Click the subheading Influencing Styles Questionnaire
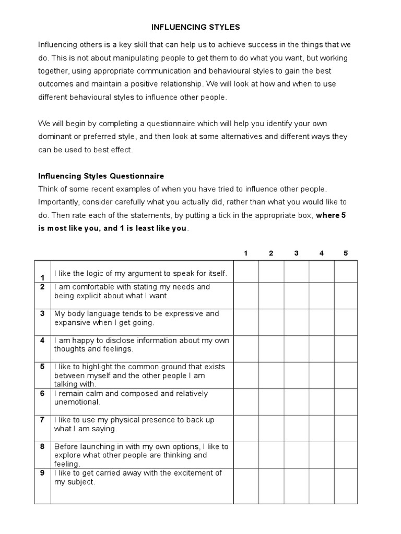coord(101,176)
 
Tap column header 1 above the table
coord(245,253)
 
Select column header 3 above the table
coord(296,253)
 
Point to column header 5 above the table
coord(345,253)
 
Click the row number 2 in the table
coord(42,287)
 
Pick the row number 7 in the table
coord(42,420)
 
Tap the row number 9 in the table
coord(42,473)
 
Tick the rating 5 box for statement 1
coord(345,272)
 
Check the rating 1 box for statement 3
coord(246,322)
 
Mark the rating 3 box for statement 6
coord(296,402)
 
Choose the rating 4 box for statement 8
coord(321,455)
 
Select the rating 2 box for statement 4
coord(271,349)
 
